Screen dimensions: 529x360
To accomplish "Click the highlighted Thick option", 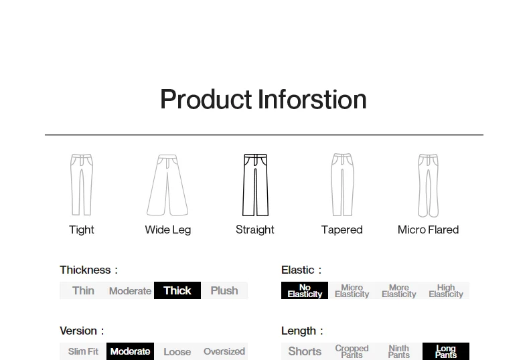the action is (x=177, y=290).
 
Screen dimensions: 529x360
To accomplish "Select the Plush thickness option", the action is (x=224, y=290).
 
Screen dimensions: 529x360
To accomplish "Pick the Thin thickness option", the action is (x=83, y=290).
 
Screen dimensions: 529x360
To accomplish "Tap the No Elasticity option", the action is (x=305, y=290).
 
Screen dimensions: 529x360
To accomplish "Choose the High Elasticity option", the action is (x=446, y=290).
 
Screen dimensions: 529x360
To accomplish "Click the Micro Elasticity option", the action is (x=352, y=290).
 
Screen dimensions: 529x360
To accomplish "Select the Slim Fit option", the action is (x=83, y=351).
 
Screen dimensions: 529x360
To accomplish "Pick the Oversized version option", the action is (x=224, y=351).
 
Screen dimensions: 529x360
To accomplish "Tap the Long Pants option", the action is (x=446, y=351).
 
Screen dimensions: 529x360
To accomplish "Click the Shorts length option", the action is (x=305, y=351).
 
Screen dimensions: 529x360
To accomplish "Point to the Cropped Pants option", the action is (x=352, y=351).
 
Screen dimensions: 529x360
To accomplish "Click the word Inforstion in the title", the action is (x=312, y=99).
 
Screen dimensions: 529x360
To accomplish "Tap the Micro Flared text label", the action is (x=428, y=230).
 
